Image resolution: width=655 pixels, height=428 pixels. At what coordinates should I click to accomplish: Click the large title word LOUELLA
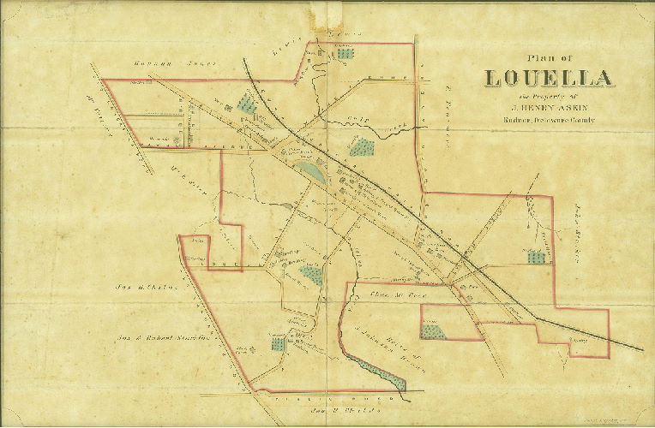pos(550,79)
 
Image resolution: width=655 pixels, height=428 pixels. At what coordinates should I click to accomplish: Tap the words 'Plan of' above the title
pos(549,57)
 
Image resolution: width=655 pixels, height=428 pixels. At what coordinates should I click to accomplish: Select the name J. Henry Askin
pos(550,108)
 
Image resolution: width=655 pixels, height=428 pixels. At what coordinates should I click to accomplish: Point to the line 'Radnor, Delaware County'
pos(550,121)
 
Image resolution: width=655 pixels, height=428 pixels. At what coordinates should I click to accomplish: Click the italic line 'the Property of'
pos(549,97)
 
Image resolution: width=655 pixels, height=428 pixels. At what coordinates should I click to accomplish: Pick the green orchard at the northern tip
pos(345,53)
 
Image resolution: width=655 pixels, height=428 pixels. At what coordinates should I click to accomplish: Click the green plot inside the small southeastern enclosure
pos(434,330)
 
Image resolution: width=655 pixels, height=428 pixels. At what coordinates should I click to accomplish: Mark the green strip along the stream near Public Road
pos(382,372)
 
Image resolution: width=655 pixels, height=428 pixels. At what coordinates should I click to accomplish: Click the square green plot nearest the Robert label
pos(277,344)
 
